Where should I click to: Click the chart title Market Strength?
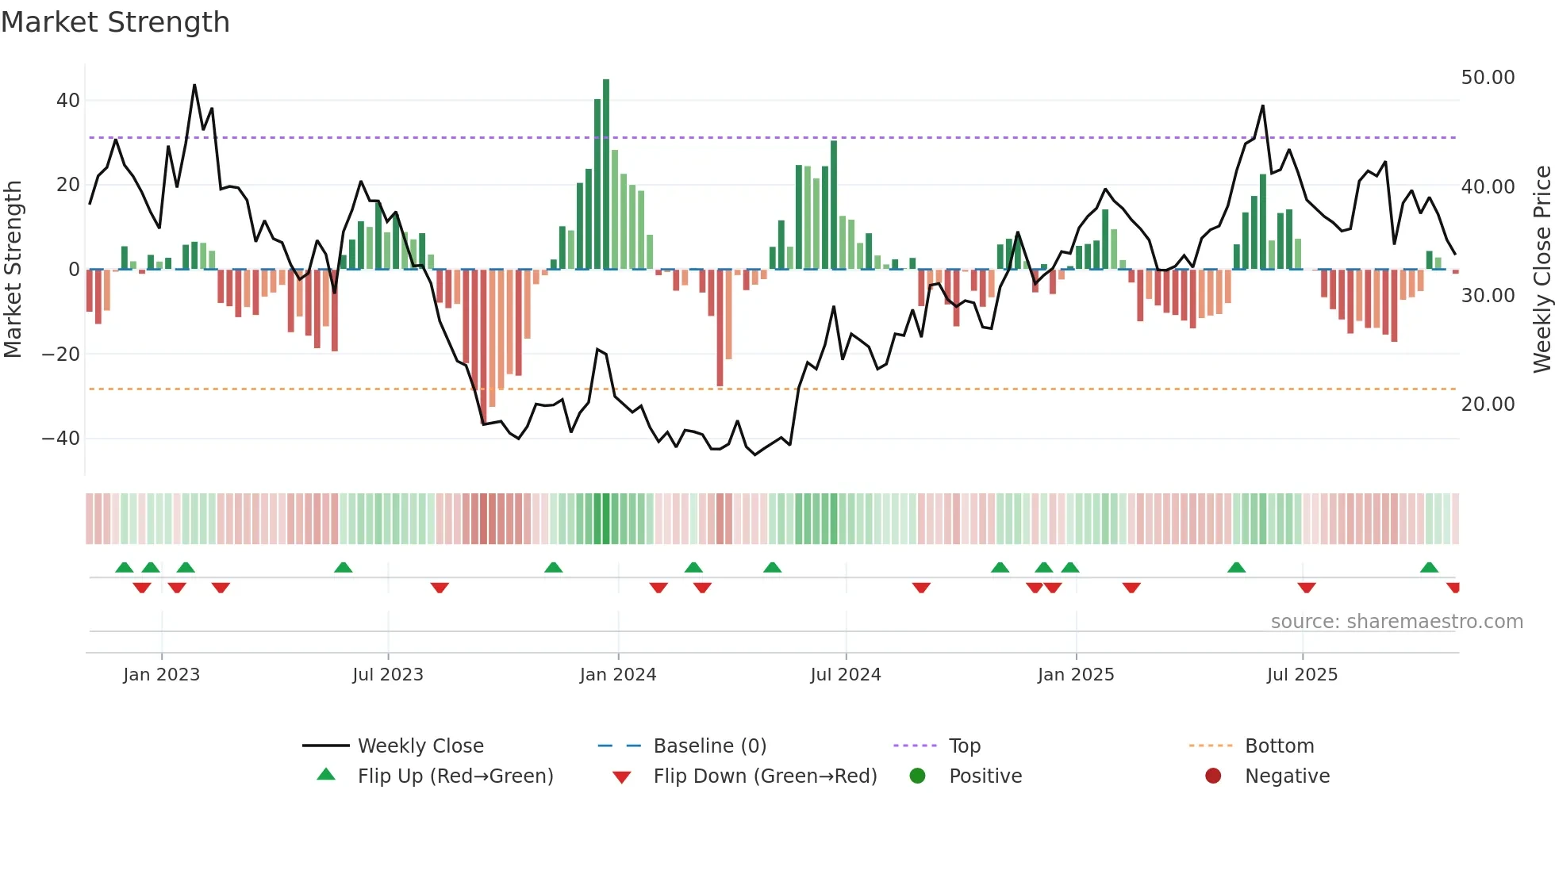click(115, 22)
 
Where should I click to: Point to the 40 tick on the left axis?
click(67, 101)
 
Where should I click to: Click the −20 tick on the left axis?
click(61, 354)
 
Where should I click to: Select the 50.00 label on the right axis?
click(1488, 78)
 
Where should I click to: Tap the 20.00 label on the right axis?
click(1488, 404)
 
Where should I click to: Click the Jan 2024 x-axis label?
click(618, 675)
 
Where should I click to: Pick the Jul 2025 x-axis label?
click(1302, 675)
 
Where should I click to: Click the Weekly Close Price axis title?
click(1542, 270)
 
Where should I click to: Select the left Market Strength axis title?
click(13, 270)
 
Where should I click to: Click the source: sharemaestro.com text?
click(1396, 622)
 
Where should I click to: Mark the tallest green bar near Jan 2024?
click(606, 174)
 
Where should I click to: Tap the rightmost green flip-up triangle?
click(1429, 568)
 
